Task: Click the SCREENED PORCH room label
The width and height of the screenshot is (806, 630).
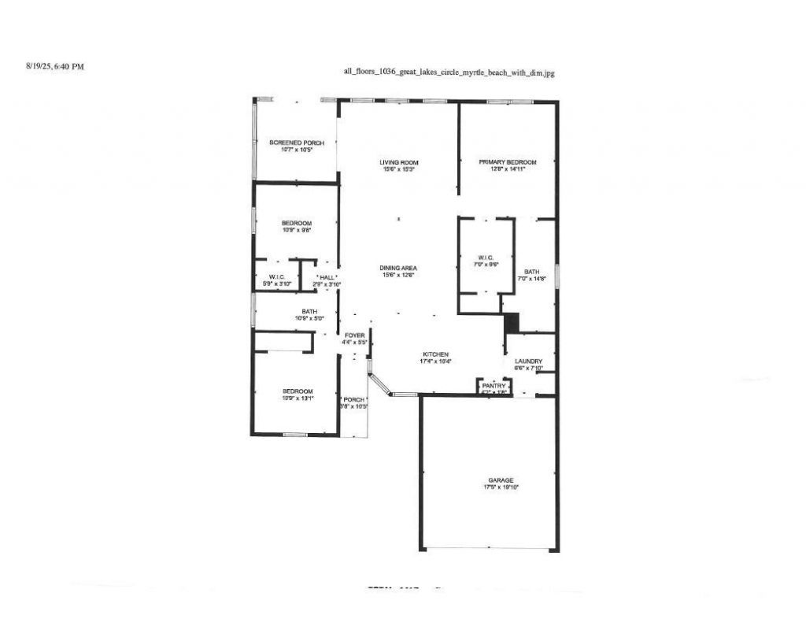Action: tap(297, 143)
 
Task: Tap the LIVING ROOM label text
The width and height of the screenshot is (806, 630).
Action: tap(397, 162)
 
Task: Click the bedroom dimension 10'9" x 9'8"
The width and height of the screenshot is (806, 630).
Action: tap(297, 231)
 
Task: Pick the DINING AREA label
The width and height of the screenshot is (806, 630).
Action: tap(397, 269)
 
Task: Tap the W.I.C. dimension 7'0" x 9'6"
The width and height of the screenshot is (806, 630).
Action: tap(485, 265)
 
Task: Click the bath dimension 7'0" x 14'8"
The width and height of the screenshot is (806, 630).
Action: tap(533, 279)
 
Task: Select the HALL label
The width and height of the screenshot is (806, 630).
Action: tap(327, 278)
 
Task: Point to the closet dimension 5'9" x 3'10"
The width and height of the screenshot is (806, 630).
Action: tap(276, 284)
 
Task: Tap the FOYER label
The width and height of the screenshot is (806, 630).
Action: tap(354, 335)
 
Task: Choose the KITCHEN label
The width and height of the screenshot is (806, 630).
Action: tap(435, 354)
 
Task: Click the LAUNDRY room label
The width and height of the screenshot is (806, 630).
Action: tap(529, 361)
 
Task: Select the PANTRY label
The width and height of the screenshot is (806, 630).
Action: tap(494, 385)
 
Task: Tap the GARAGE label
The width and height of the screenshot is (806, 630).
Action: tap(501, 480)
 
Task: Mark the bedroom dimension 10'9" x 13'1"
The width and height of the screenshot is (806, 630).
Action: tap(298, 398)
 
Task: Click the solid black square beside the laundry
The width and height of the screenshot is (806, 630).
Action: tap(512, 322)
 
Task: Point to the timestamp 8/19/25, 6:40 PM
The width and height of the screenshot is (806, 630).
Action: tap(55, 67)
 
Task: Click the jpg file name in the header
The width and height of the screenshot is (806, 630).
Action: tap(449, 72)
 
